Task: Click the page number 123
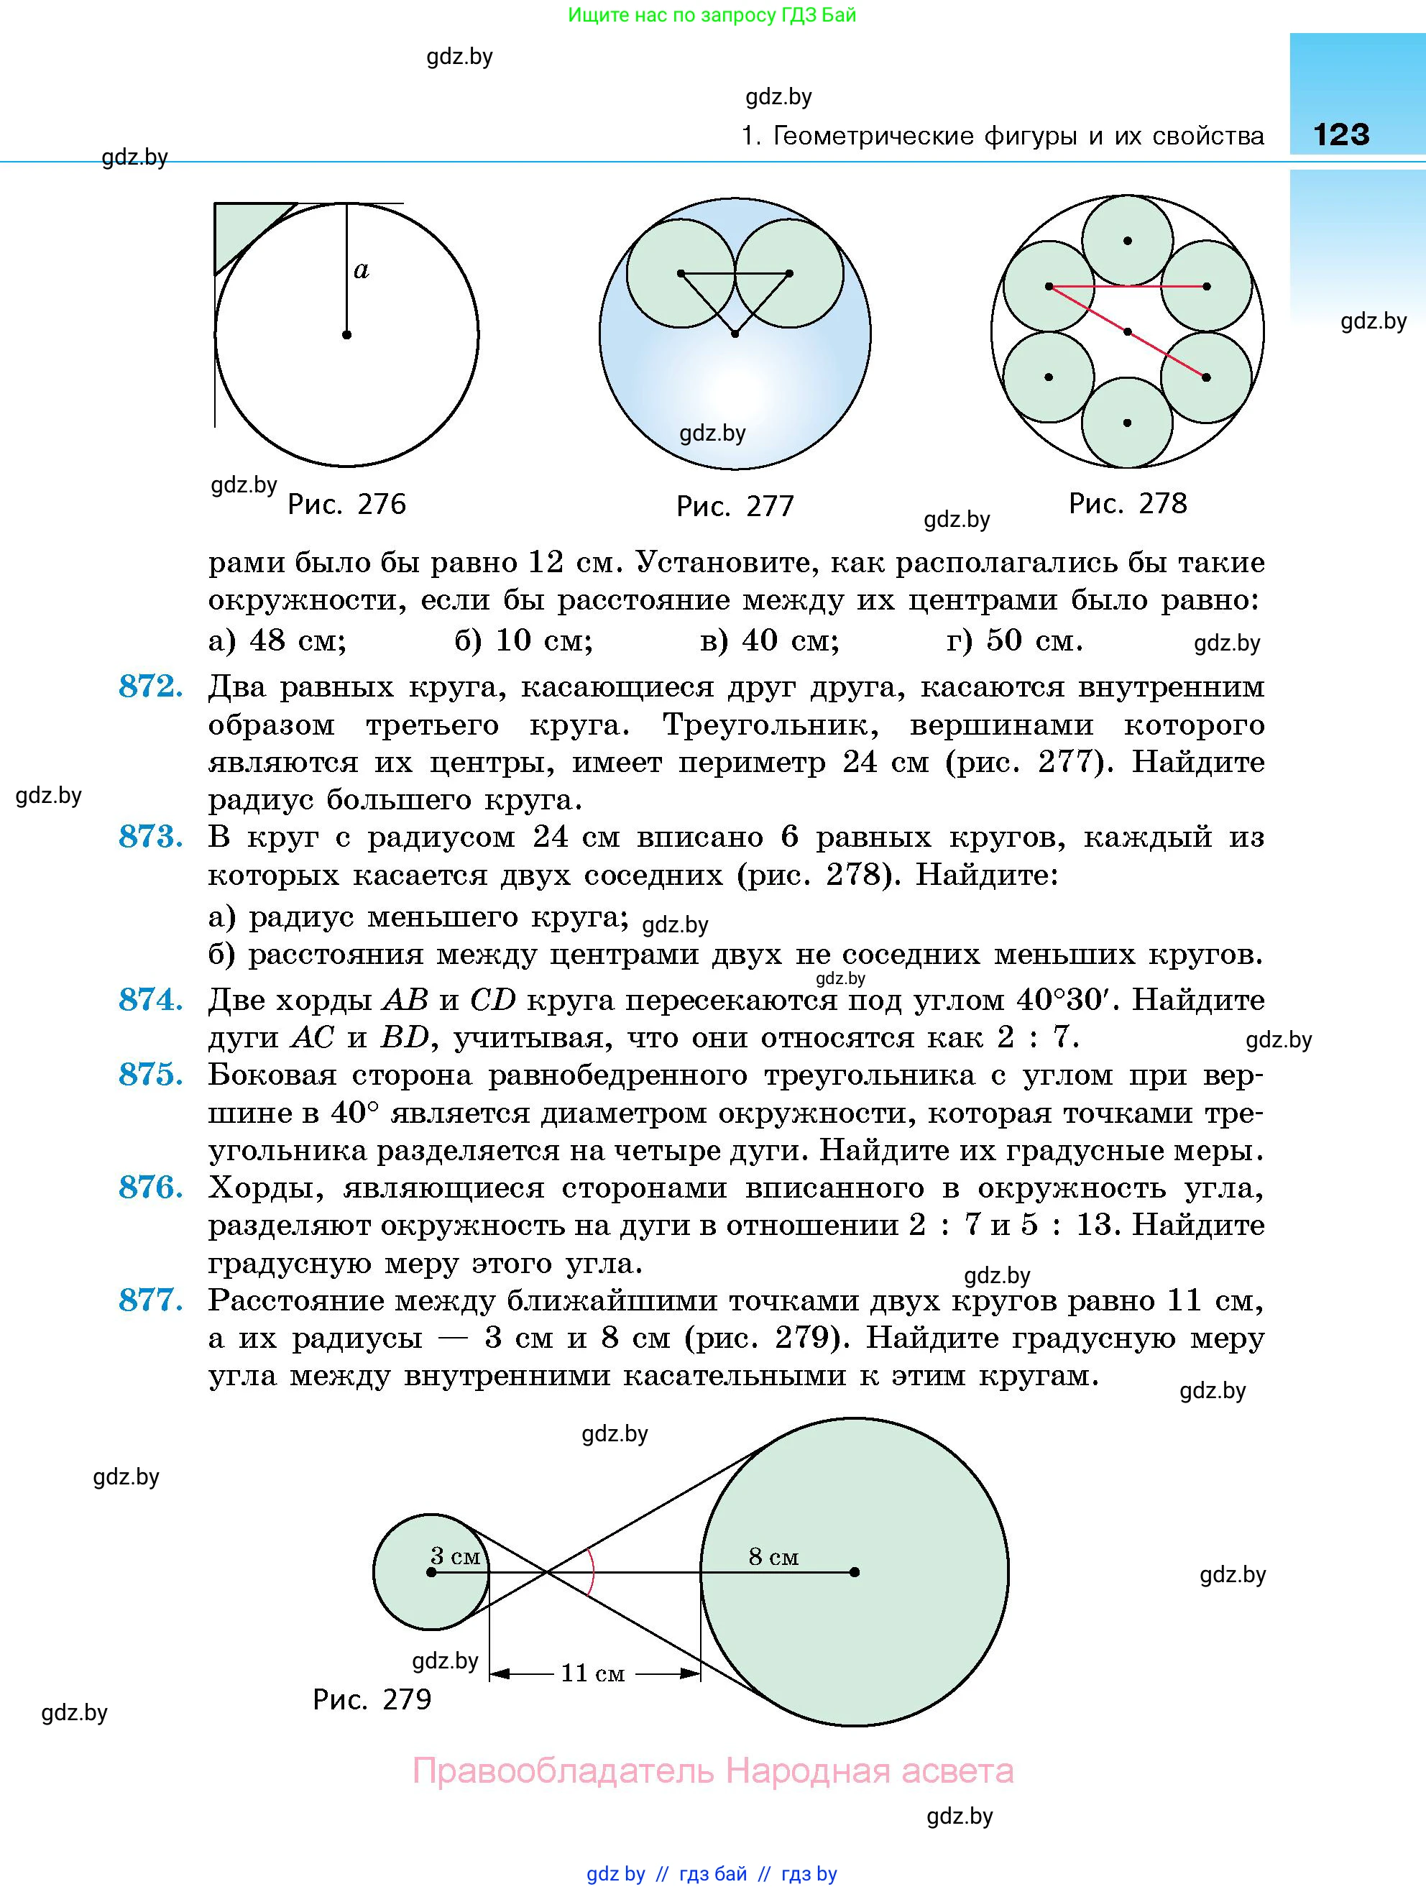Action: [x=1341, y=134]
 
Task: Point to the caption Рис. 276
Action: [x=346, y=504]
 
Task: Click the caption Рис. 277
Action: [x=735, y=505]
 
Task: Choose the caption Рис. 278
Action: [x=1128, y=503]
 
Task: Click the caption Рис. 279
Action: [x=372, y=1698]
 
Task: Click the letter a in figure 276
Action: [x=361, y=270]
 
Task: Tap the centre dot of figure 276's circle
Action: [x=346, y=334]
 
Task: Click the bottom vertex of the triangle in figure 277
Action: [x=735, y=334]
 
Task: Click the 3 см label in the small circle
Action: [x=455, y=1556]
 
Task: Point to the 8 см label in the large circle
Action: [x=773, y=1557]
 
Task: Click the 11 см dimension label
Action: [x=592, y=1673]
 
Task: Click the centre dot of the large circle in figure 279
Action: [x=855, y=1572]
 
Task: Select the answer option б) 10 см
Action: [x=523, y=639]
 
